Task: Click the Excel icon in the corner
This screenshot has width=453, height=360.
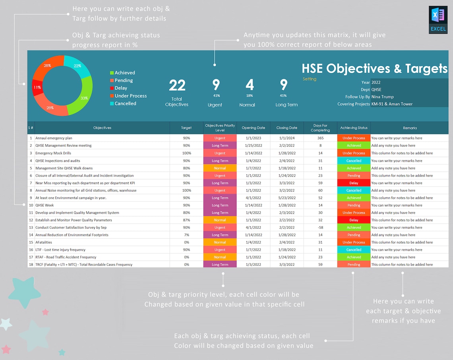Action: [438, 19]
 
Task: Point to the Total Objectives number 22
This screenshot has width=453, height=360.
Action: [177, 85]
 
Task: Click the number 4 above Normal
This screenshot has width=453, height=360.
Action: [249, 85]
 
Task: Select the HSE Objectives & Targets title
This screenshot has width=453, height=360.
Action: [374, 68]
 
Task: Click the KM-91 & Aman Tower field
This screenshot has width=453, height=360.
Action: [392, 104]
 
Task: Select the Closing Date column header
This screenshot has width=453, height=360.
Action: [287, 128]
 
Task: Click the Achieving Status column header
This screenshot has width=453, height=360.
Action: [354, 128]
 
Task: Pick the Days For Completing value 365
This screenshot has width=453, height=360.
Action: [320, 138]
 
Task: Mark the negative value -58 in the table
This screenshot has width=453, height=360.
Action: [320, 228]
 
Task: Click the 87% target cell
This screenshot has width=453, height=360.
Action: [186, 220]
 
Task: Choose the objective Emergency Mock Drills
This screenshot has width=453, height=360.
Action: [53, 153]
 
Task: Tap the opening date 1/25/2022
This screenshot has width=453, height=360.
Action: [253, 146]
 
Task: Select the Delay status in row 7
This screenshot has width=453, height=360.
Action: [354, 183]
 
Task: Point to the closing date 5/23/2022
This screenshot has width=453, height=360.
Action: [287, 198]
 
